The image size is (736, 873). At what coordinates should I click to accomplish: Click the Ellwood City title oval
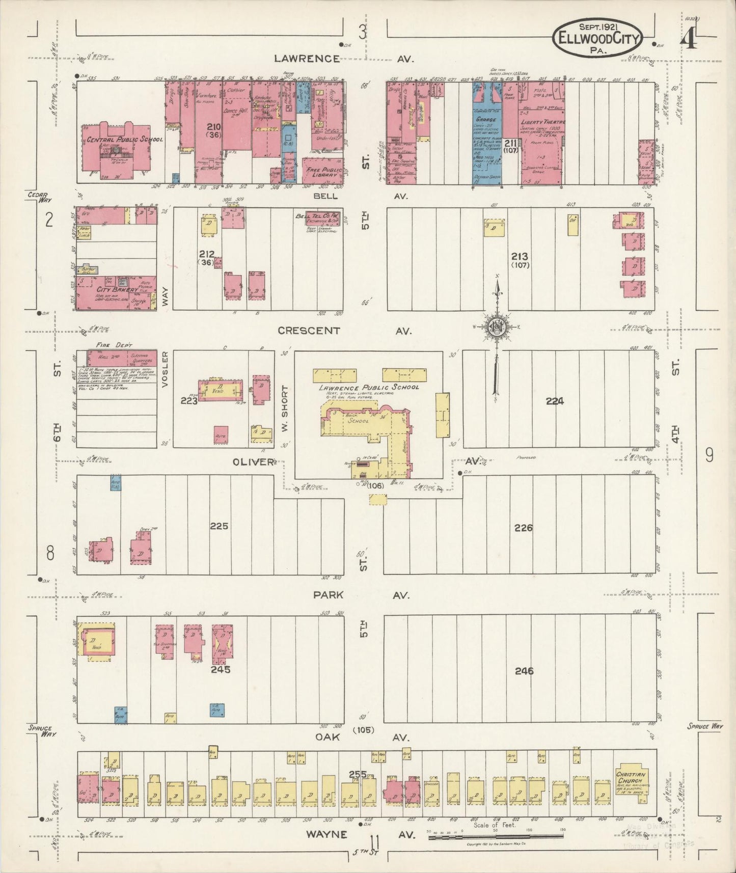coord(597,37)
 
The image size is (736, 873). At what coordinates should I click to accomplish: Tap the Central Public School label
coord(124,139)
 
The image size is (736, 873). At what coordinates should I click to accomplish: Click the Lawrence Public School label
coord(369,387)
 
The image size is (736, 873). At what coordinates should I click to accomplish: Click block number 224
coord(555,401)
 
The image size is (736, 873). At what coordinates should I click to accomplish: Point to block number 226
coord(523,528)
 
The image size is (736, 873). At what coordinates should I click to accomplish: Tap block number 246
coord(524,671)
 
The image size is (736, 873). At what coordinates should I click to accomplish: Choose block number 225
coord(219,526)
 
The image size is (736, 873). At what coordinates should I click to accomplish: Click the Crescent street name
coord(309,331)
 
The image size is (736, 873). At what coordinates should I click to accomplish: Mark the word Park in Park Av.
coord(328,595)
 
